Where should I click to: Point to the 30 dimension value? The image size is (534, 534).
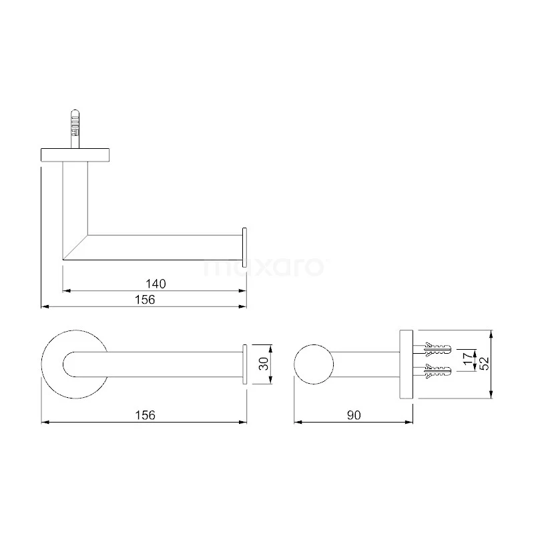click(264, 364)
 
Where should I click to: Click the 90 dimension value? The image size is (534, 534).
click(353, 415)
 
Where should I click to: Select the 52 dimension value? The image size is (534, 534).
click(485, 364)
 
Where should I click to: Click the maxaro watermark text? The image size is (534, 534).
click(264, 267)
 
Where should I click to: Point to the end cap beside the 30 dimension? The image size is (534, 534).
click(245, 364)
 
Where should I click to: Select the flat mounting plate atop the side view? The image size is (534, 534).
click(75, 154)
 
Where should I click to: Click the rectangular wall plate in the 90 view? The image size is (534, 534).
click(406, 364)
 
